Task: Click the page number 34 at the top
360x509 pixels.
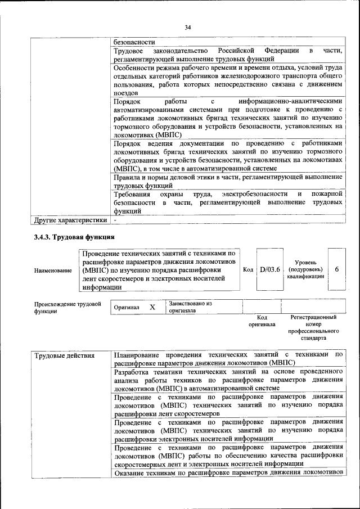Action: (x=188, y=26)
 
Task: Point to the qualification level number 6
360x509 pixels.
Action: (x=336, y=269)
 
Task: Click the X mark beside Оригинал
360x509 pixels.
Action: (x=152, y=308)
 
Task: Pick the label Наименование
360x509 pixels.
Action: (x=53, y=270)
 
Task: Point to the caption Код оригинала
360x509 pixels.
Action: (x=262, y=321)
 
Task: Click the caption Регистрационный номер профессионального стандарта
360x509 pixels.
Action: (x=313, y=328)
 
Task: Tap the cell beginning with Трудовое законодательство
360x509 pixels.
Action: (x=228, y=55)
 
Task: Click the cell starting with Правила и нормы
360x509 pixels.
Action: (x=228, y=181)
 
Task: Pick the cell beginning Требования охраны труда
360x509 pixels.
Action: (x=228, y=202)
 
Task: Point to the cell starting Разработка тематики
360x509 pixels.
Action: (x=228, y=380)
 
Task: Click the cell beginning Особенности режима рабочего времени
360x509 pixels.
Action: (x=228, y=80)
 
